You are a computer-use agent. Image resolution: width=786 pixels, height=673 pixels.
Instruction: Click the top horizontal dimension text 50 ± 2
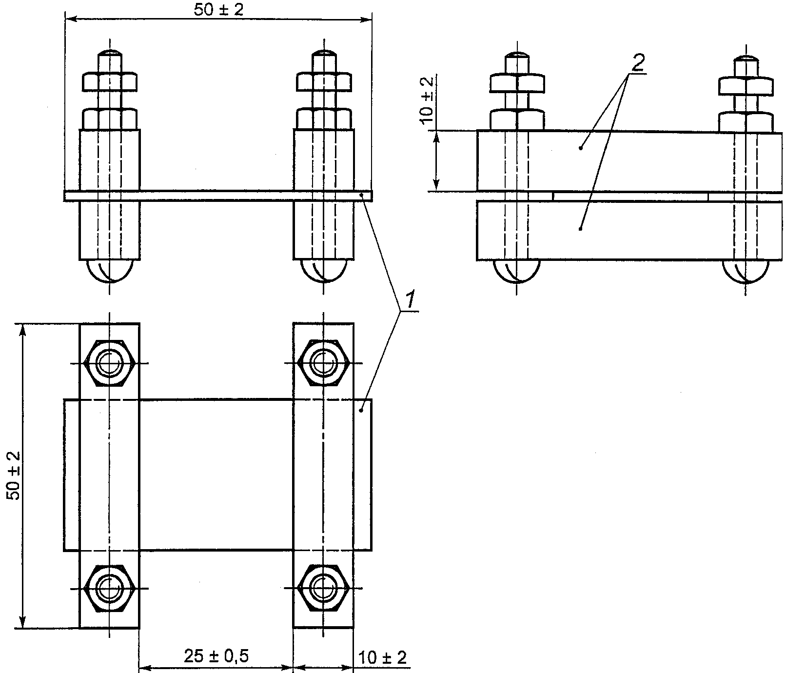pos(218,9)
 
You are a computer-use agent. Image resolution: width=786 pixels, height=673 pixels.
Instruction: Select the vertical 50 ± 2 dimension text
pos(15,475)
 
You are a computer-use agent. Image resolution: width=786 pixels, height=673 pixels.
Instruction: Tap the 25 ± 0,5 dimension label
pos(216,656)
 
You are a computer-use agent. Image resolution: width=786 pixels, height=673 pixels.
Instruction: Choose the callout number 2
pos(639,62)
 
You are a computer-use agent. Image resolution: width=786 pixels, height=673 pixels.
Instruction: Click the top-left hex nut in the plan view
pos(110,362)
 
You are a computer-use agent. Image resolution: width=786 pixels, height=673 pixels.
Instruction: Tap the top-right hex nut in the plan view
pos(323,362)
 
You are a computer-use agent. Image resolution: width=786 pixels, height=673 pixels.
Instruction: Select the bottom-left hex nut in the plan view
pos(110,588)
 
